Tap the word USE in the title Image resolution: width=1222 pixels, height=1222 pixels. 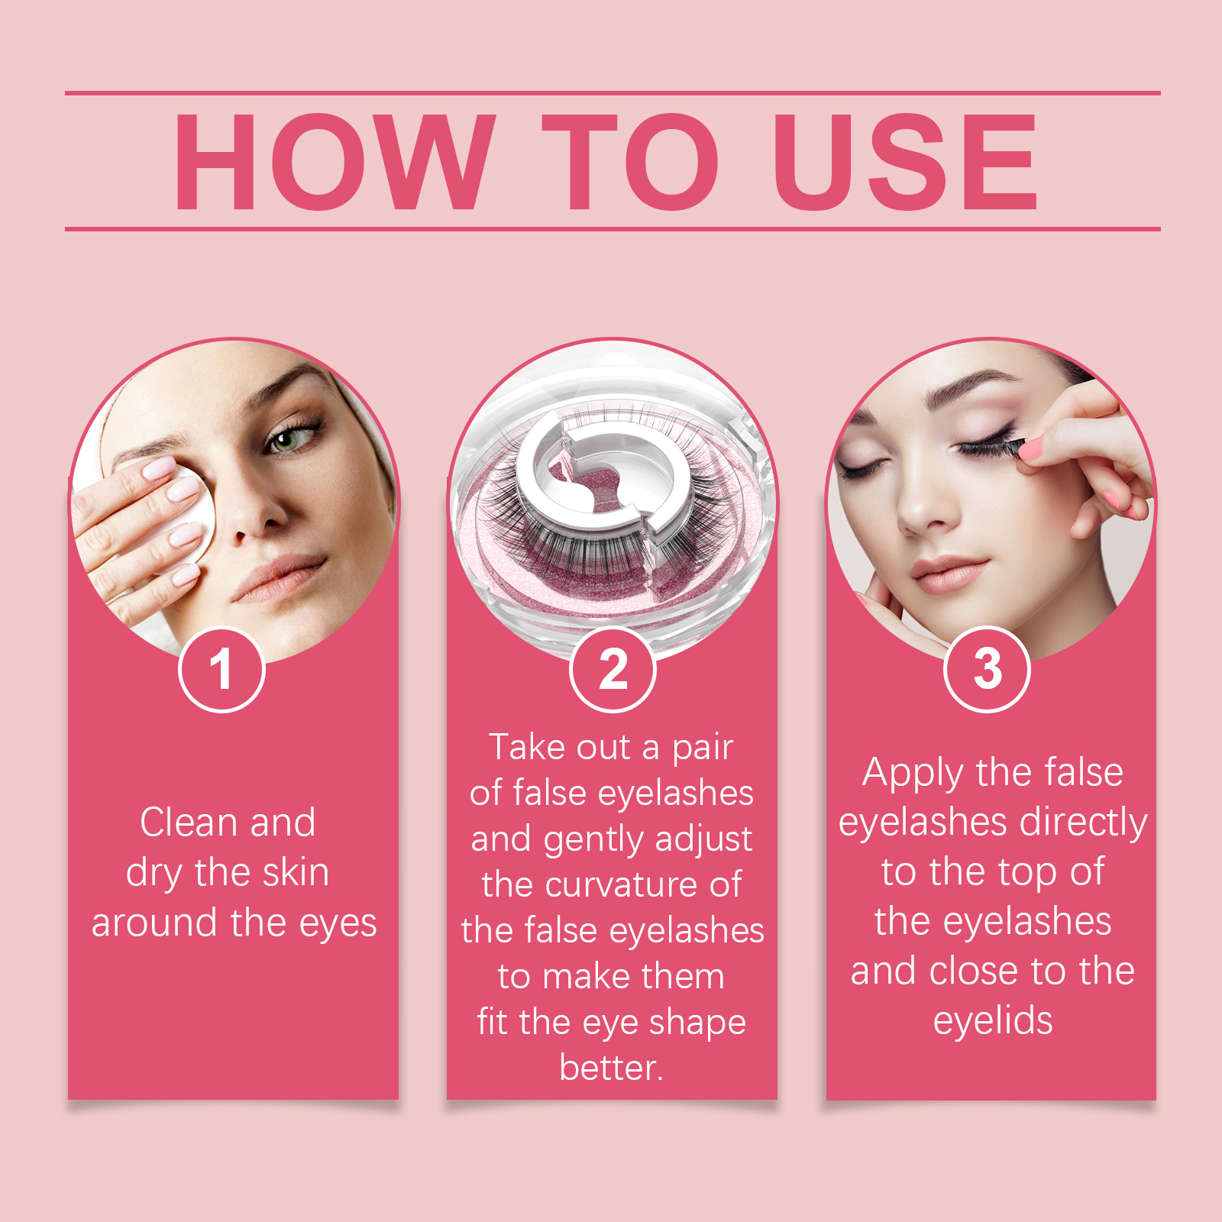click(904, 161)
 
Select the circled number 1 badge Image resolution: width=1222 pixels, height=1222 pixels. click(221, 670)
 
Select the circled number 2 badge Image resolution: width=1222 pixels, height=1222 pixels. click(613, 670)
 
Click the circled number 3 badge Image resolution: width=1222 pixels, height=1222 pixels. click(987, 670)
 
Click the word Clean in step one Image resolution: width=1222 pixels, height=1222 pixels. click(189, 823)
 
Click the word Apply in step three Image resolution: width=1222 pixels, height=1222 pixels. click(913, 774)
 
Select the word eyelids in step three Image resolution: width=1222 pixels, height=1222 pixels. click(992, 1021)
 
